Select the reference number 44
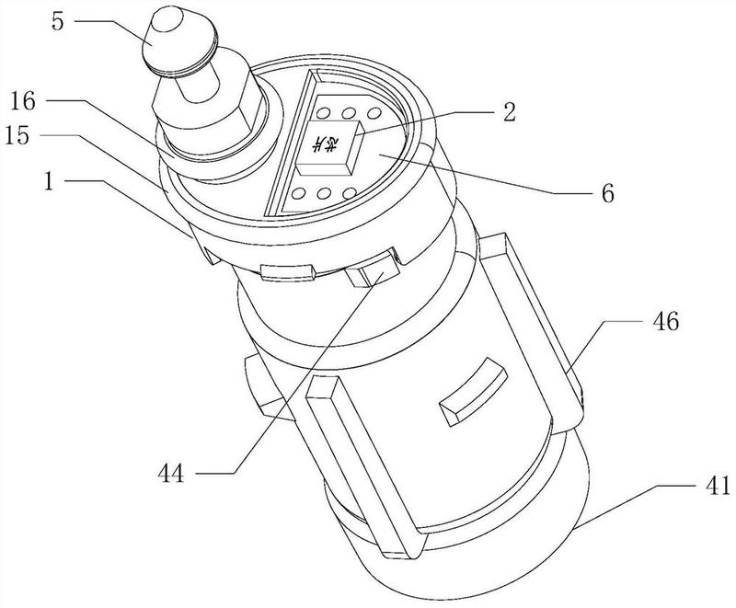coord(171,475)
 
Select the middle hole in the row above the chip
coord(351,112)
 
